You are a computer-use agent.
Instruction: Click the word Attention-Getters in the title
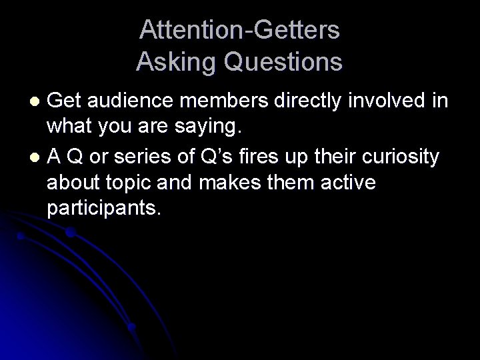[x=239, y=30]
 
